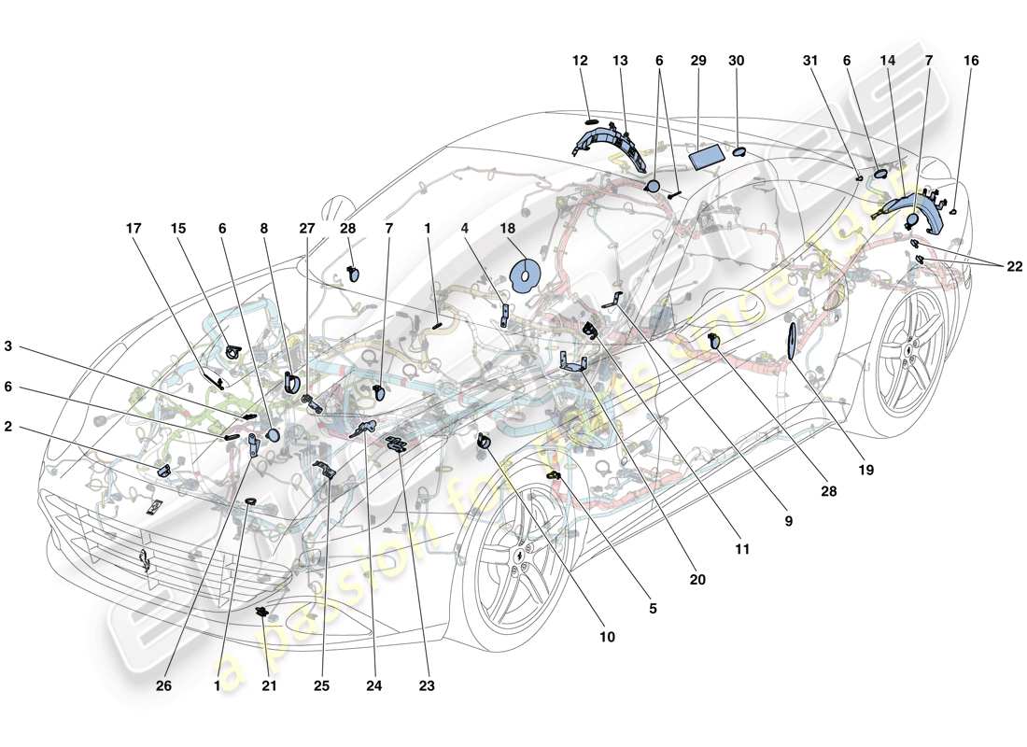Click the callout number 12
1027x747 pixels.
580,61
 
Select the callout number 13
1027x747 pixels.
621,61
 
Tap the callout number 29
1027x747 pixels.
698,61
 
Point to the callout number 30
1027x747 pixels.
737,61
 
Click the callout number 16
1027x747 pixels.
971,61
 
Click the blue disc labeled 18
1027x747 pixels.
527,277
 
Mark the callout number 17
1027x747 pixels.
136,227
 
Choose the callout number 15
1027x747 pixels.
178,227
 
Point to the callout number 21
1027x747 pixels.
269,686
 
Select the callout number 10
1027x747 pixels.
607,638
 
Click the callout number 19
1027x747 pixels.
866,471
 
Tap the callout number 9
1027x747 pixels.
788,520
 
